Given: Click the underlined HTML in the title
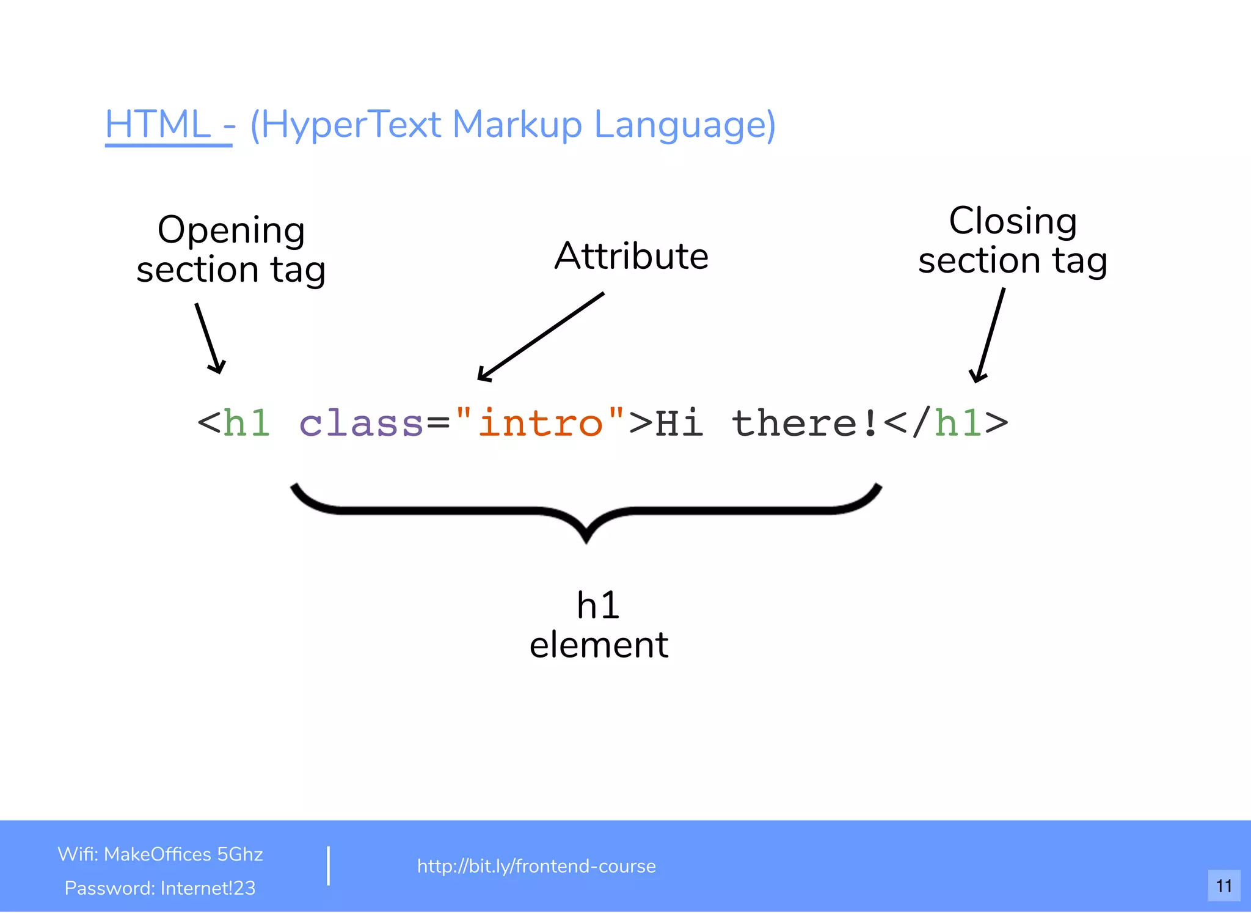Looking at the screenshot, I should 158,125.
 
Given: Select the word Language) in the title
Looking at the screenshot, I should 684,125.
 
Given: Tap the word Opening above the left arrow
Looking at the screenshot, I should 231,230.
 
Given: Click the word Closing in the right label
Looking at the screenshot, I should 1012,221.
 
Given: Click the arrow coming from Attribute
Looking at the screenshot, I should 540,337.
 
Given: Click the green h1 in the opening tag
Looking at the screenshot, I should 246,423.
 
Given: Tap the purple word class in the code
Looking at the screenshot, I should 360,423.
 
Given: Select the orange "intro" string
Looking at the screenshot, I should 540,423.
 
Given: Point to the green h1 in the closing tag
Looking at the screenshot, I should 958,423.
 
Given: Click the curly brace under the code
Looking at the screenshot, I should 586,511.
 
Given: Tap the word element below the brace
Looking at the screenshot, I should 599,645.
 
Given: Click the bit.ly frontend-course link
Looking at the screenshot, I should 536,866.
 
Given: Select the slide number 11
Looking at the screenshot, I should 1224,886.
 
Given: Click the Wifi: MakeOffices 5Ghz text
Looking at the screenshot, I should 160,854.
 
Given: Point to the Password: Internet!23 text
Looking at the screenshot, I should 160,888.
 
